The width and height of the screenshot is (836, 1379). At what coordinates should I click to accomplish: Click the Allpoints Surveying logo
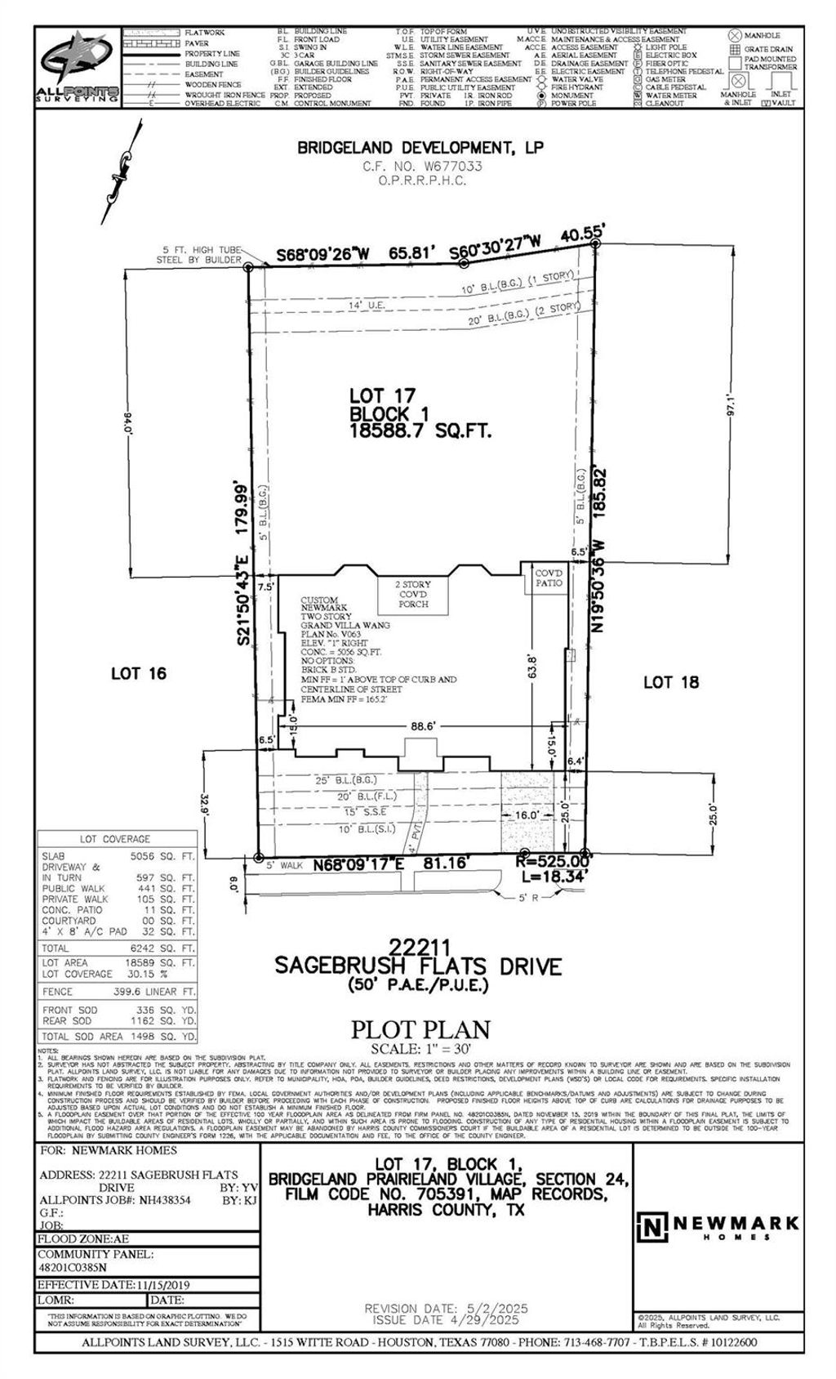point(78,67)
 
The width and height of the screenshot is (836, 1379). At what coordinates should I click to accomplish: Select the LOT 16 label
point(139,673)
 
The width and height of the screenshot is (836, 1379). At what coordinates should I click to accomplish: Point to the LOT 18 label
point(671,682)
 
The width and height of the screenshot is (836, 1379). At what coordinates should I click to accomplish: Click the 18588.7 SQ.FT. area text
point(420,431)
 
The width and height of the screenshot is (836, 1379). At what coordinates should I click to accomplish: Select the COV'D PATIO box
point(549,578)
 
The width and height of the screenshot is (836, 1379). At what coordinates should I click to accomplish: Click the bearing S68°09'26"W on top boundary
point(323,255)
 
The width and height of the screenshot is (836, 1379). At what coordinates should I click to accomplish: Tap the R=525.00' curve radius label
point(554,861)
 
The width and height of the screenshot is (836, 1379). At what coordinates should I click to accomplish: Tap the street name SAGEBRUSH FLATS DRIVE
point(418,967)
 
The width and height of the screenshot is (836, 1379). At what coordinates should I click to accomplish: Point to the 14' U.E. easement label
point(366,305)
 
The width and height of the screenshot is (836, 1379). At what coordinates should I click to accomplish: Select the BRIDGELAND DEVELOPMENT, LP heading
point(420,148)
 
